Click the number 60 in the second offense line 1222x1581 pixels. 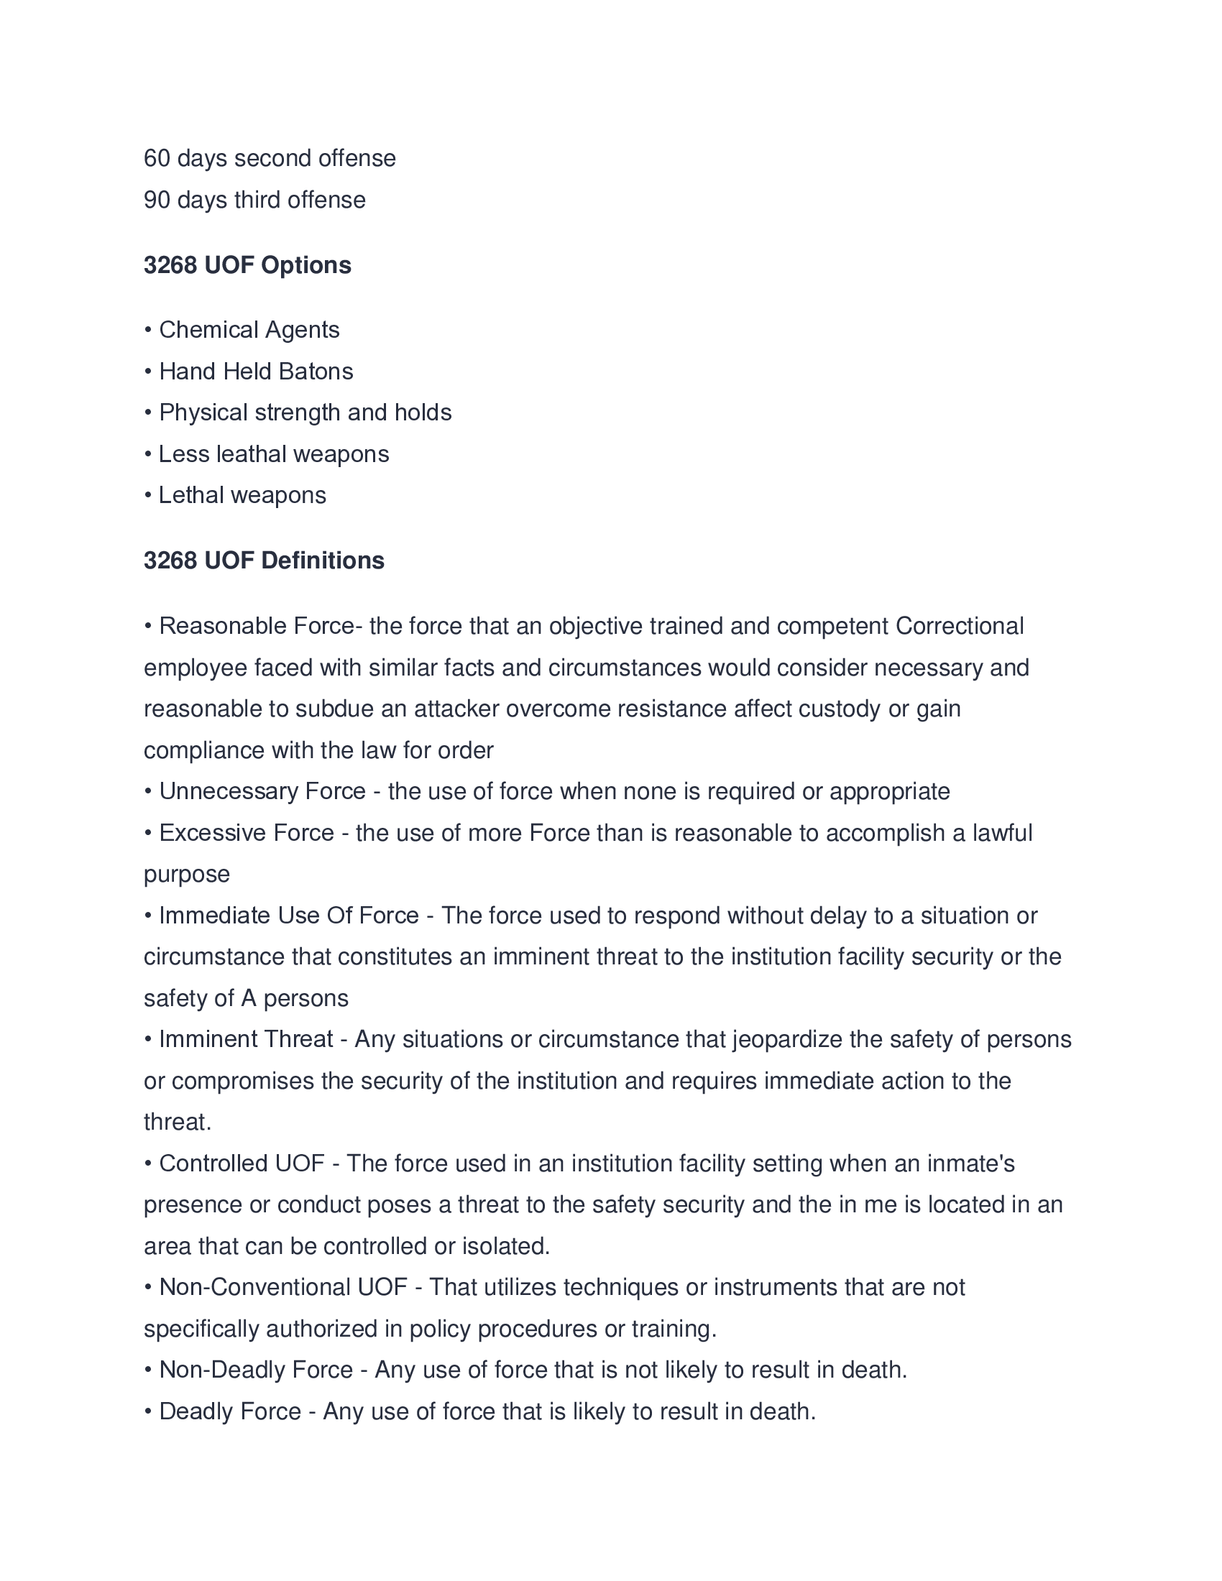click(x=157, y=159)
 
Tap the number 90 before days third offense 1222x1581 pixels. click(x=157, y=200)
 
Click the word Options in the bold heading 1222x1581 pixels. click(x=305, y=265)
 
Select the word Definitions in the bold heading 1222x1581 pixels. click(x=322, y=561)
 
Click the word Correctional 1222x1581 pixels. click(x=959, y=626)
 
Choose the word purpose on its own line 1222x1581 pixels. click(x=187, y=875)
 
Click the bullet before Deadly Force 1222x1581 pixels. click(x=147, y=1411)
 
